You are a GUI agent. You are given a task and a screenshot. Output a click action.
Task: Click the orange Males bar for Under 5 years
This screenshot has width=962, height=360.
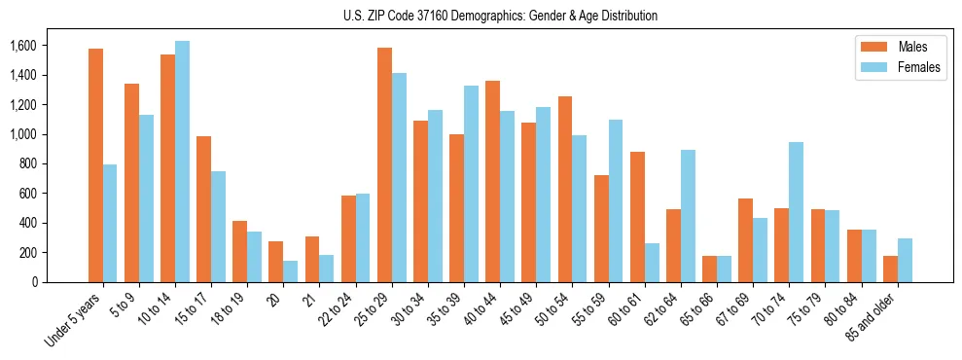[x=95, y=165]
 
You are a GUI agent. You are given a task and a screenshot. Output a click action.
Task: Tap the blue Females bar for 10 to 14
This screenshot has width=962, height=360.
[x=183, y=162]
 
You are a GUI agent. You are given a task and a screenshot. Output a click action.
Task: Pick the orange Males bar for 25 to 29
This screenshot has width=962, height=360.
[x=384, y=164]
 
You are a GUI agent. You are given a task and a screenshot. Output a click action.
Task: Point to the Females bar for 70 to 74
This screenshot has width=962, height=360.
[x=797, y=212]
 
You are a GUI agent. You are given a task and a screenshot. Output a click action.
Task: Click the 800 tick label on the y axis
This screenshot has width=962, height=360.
[x=26, y=163]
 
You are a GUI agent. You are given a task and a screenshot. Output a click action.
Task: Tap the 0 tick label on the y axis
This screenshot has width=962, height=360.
[x=34, y=282]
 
